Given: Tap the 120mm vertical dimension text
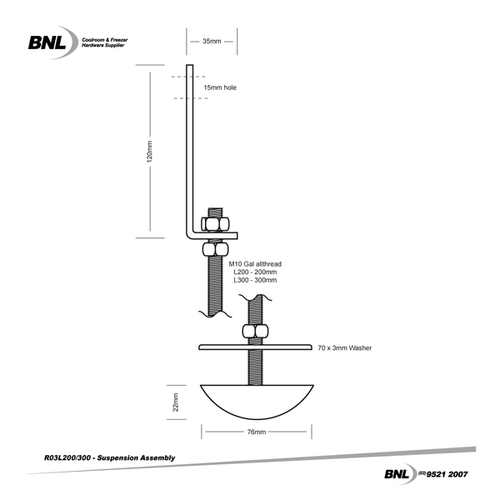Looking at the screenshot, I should (x=150, y=154).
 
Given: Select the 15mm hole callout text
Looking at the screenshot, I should (x=220, y=86).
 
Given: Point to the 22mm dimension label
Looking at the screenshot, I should (x=176, y=403).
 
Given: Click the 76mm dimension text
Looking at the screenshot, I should (x=256, y=432).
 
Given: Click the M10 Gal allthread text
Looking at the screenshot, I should (x=256, y=263).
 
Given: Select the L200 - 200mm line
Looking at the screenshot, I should (x=255, y=272).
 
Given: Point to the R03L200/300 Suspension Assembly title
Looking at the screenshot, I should (x=108, y=457).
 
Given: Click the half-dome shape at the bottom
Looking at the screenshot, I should (x=257, y=400).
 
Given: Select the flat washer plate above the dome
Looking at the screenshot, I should (x=256, y=347).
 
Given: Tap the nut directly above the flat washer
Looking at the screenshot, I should (x=256, y=332).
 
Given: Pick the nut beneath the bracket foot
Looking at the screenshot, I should (x=216, y=248).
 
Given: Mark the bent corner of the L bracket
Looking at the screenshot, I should (x=188, y=234).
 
